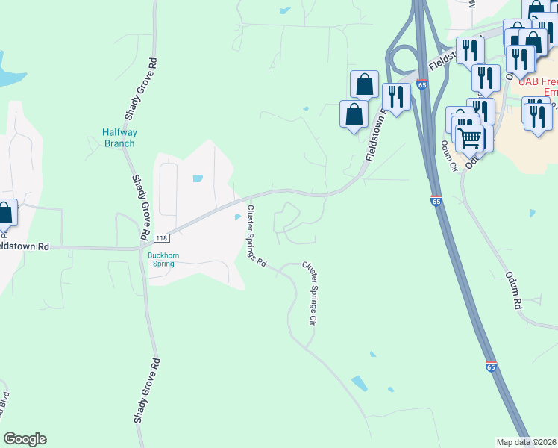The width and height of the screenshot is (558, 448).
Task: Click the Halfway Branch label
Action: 119,138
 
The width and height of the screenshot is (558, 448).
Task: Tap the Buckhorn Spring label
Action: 161,258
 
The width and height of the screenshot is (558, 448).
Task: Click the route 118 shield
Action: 163,238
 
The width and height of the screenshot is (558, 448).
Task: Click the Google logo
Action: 25,439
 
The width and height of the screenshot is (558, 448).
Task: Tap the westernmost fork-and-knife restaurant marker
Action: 395,96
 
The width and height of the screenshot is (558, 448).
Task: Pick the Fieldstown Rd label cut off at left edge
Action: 25,246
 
